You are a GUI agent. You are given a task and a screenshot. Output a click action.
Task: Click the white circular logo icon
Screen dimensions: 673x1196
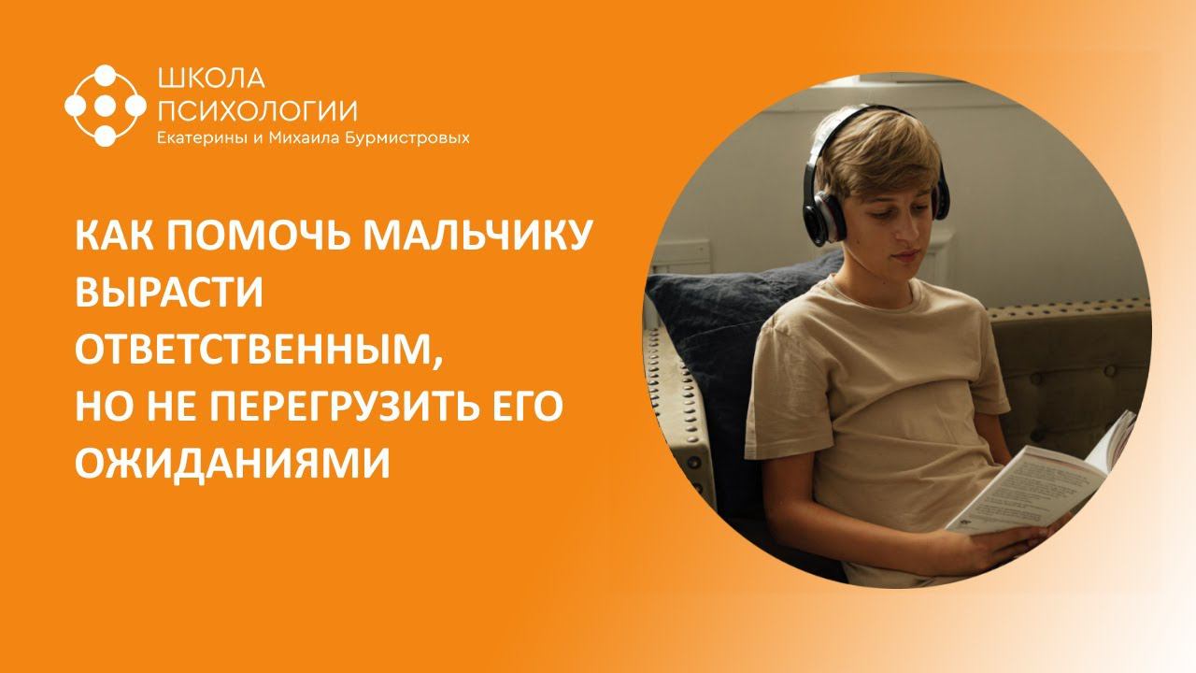pos(106,106)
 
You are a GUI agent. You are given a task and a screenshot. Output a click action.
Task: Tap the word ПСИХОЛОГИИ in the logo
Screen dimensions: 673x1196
pos(257,111)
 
